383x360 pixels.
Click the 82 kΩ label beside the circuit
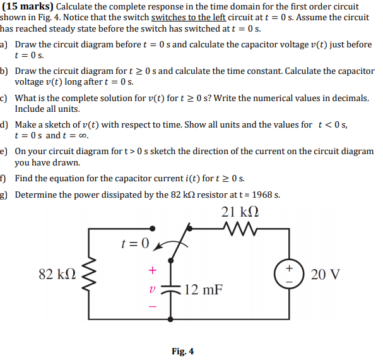(58, 275)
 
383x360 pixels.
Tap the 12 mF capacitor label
(204, 290)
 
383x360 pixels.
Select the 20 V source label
(326, 275)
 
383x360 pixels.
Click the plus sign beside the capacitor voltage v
(151, 270)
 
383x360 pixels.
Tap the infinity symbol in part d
(82, 136)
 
